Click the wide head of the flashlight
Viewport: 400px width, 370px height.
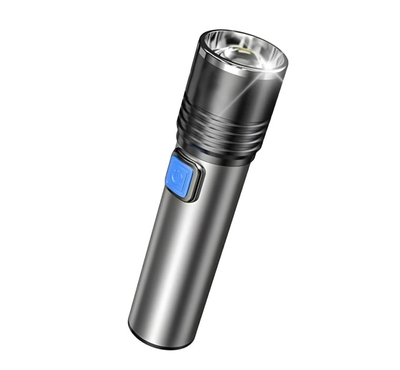[x=235, y=94]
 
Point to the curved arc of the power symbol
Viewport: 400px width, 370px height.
[x=176, y=181]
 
